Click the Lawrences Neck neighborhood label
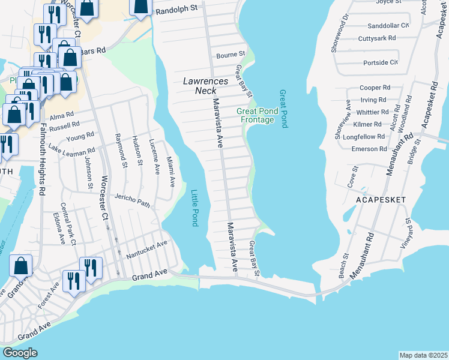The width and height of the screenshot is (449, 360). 205,86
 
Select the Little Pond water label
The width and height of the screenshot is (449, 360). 194,208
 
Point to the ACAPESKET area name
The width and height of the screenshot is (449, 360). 381,199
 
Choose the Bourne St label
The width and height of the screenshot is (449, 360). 231,55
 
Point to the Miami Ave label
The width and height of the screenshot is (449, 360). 170,170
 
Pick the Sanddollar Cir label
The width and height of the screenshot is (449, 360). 388,26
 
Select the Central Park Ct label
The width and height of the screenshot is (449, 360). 73,227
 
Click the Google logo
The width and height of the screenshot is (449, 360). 20,353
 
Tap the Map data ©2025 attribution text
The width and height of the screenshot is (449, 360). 423,355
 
